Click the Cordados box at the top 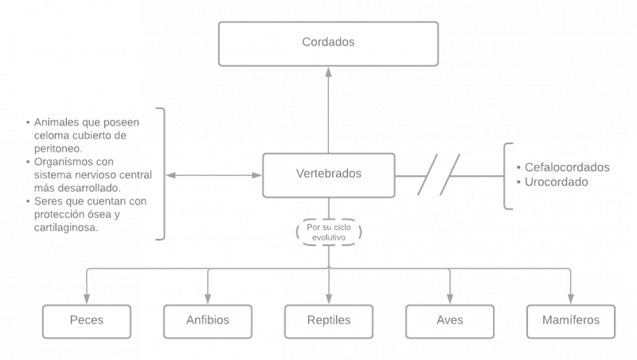(328, 43)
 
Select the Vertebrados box (328, 174)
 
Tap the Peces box (86, 321)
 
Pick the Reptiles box (328, 321)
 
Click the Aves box (449, 321)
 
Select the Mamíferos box (569, 321)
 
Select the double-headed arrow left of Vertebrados (214, 174)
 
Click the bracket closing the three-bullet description (163, 173)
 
